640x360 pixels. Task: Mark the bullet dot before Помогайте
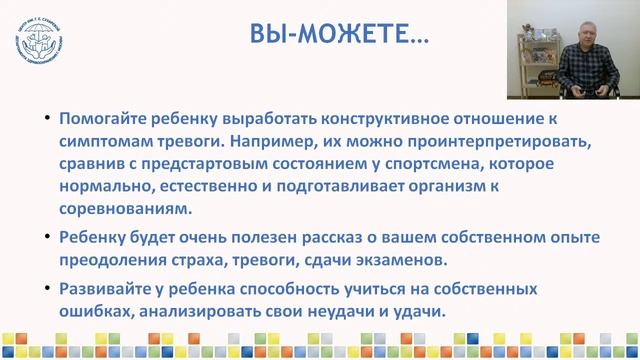(x=49, y=117)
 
